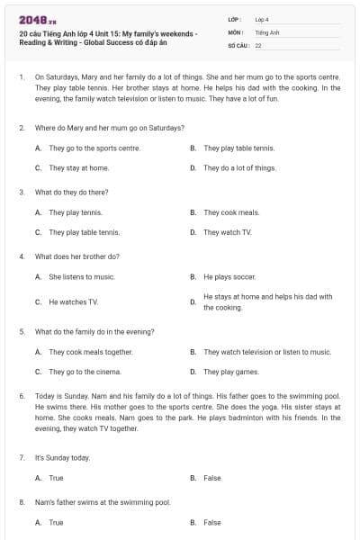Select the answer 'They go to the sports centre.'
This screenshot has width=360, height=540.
coord(94,148)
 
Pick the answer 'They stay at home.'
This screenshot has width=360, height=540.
coord(79,168)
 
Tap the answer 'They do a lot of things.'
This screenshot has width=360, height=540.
coord(239,168)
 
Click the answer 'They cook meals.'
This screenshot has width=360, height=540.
coord(231,212)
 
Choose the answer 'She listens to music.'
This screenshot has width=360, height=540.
coord(82,277)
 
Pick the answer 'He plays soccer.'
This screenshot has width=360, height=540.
coord(230,277)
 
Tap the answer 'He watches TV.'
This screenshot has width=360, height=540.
coord(73,302)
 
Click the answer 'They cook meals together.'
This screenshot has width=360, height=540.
coord(91,352)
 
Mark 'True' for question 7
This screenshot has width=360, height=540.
coord(56,478)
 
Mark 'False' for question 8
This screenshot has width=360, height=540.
coord(212,522)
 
